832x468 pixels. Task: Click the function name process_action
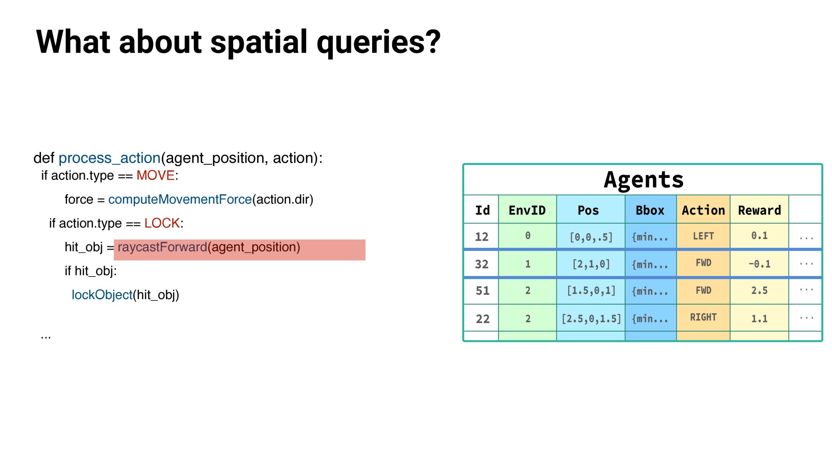[109, 158]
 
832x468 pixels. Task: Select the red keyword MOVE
[155, 175]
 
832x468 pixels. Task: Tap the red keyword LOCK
[162, 223]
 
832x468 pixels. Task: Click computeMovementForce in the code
[180, 199]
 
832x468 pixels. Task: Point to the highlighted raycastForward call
[209, 247]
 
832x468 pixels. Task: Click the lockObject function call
[102, 295]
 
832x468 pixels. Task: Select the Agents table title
[643, 180]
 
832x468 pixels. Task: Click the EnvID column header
[527, 210]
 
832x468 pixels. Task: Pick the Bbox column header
[650, 210]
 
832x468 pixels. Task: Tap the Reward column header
[759, 210]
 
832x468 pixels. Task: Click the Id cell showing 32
[482, 264]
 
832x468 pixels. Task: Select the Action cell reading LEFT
[703, 236]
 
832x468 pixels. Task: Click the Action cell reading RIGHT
[703, 317]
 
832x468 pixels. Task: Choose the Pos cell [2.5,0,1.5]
[591, 319]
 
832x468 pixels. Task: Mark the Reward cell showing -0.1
[759, 264]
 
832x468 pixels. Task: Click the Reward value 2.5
[759, 291]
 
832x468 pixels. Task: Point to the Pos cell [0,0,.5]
[591, 237]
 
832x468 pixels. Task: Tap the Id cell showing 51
[483, 291]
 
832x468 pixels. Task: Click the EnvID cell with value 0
[527, 236]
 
